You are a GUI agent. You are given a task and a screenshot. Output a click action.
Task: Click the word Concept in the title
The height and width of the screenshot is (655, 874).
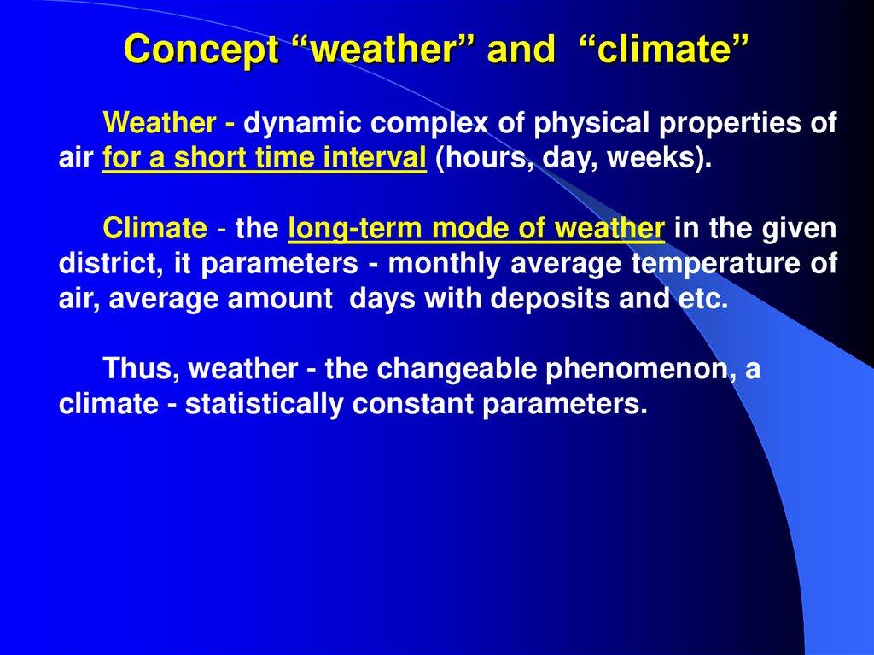point(201,50)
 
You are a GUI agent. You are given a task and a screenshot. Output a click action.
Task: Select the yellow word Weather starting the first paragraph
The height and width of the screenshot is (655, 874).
point(160,124)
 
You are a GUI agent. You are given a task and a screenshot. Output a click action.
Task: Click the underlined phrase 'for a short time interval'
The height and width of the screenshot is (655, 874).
point(264,160)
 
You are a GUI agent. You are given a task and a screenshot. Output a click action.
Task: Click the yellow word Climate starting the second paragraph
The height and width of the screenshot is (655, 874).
point(154,229)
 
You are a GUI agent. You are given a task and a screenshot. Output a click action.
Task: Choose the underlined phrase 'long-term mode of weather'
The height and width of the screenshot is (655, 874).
point(476,229)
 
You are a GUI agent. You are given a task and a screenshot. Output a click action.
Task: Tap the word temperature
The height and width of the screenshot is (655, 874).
point(715,265)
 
